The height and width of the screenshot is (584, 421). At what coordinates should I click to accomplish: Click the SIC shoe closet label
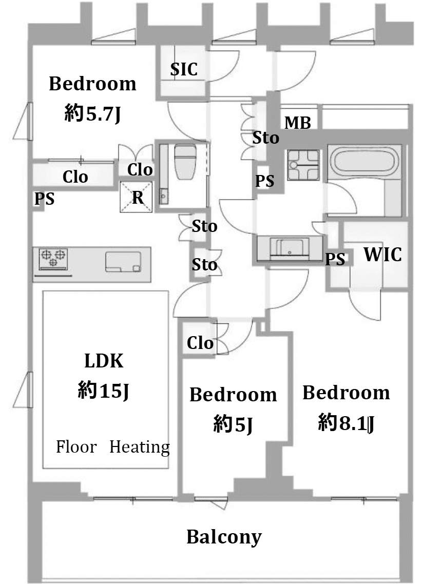tap(184, 69)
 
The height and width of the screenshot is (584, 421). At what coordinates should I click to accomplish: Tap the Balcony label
tap(224, 537)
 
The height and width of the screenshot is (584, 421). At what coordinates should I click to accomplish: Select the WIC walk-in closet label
tap(382, 255)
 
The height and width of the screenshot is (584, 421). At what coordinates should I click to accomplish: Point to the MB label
tap(298, 123)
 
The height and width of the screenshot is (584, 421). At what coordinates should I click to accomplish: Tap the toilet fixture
tap(185, 162)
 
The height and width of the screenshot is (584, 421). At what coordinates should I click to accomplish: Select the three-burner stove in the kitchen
tap(53, 258)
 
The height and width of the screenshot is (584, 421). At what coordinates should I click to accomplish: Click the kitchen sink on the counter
tap(123, 262)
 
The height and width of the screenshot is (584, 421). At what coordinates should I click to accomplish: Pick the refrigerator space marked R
tap(137, 197)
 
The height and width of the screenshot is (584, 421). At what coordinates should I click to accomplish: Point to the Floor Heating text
tap(113, 447)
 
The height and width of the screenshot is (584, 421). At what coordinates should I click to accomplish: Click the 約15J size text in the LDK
tap(103, 391)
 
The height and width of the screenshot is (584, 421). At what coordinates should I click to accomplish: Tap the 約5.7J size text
tap(92, 113)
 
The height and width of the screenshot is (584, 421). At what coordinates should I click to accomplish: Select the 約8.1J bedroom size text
tap(346, 423)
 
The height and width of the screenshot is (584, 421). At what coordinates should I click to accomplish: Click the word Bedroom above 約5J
tap(233, 395)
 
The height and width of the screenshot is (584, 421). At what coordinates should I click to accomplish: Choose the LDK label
tap(104, 361)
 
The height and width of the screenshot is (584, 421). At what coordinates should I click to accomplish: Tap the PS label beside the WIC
tap(335, 259)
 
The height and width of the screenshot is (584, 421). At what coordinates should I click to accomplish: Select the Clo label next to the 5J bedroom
tap(200, 343)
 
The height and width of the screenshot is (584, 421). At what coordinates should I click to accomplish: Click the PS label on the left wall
tap(44, 199)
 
